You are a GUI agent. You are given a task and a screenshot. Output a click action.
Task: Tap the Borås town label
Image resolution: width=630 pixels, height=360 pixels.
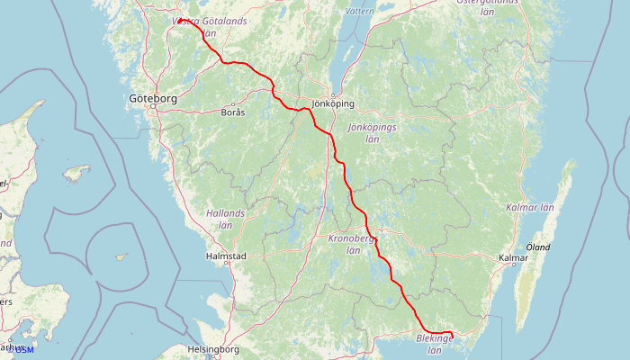232,112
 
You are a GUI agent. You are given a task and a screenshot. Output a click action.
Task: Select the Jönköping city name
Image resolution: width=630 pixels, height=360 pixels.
332,104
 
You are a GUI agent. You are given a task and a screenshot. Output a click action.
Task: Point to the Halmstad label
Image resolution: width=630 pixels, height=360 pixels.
226,256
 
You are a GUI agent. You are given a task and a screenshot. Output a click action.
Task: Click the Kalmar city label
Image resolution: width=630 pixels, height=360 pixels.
513,258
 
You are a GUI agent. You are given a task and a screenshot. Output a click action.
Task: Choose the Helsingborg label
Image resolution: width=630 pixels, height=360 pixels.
212,348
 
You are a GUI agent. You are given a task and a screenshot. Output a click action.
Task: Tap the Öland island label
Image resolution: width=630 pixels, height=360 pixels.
538,247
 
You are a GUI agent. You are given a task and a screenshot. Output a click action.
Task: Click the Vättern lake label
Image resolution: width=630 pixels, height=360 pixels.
359,12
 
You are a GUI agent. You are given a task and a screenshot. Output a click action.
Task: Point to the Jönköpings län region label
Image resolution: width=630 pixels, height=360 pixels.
372,132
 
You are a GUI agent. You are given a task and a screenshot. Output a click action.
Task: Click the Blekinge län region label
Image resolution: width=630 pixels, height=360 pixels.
435,343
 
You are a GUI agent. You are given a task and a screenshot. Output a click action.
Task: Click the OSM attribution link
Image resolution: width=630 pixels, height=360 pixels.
23,349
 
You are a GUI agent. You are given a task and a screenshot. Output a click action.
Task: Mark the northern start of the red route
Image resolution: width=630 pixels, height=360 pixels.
179,20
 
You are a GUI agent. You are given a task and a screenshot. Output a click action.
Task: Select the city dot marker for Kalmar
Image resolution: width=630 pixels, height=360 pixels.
513,267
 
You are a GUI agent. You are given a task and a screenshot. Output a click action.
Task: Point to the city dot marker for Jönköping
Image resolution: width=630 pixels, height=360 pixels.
332,95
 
